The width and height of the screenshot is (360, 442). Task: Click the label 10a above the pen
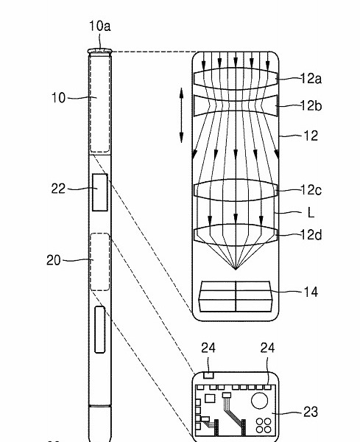click(x=100, y=26)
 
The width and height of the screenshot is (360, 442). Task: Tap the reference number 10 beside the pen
click(x=58, y=98)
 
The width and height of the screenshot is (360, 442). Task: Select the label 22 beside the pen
click(x=58, y=189)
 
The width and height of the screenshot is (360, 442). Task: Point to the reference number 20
click(x=54, y=260)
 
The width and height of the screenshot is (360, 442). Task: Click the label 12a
click(x=311, y=78)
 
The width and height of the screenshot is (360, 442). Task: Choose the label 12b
click(x=311, y=106)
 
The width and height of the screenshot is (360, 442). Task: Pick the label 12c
click(x=311, y=190)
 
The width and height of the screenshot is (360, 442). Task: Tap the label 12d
click(x=311, y=234)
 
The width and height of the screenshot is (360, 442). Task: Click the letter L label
click(x=311, y=213)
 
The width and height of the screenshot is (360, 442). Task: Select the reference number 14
click(x=311, y=292)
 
